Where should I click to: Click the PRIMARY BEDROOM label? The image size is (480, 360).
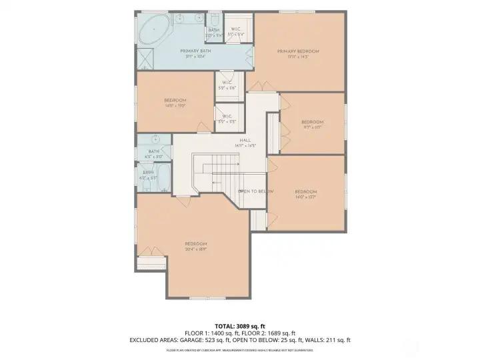click(x=298, y=51)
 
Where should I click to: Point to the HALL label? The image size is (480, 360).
click(x=245, y=140)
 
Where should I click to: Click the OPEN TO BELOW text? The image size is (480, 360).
click(x=255, y=191)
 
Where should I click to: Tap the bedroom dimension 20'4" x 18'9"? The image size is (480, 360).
click(x=196, y=248)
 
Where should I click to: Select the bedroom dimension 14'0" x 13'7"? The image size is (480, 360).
click(x=305, y=197)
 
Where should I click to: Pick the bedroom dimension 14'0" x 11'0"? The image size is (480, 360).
click(x=175, y=105)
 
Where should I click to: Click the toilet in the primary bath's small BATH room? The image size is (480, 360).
click(x=214, y=21)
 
